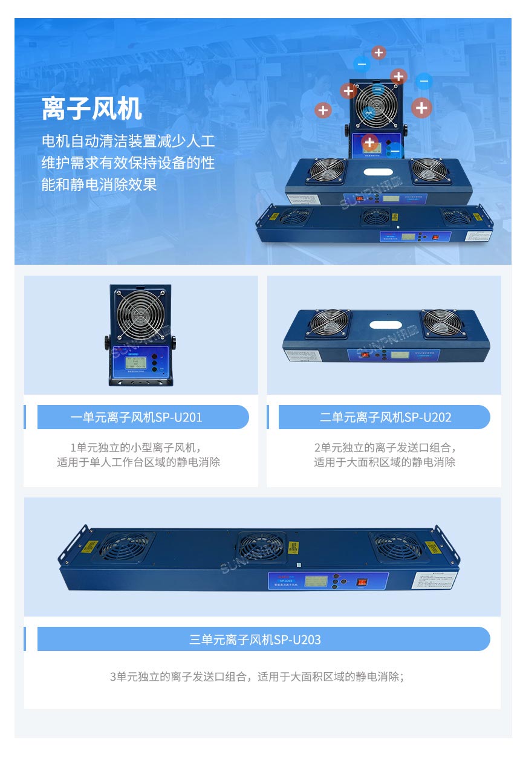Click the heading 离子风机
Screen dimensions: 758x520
point(92,109)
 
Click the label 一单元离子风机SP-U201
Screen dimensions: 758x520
point(137,417)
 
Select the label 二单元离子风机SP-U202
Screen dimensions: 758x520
point(385,417)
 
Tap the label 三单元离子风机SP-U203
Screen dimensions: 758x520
point(255,639)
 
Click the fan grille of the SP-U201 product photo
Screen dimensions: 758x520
point(140,314)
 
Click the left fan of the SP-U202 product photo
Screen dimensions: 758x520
point(330,323)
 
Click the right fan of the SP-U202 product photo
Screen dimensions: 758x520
point(443,323)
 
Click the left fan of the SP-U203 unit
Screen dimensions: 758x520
point(126,546)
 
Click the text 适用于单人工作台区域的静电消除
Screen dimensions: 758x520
point(138,462)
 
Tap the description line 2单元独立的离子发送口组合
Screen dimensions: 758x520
point(385,448)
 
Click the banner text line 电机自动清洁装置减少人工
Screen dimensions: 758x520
point(128,142)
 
